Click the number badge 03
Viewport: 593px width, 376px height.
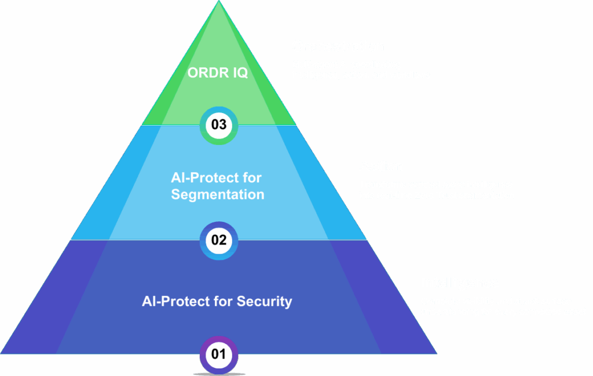click(219, 125)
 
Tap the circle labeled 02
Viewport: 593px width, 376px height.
click(219, 240)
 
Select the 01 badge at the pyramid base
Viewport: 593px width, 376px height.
click(219, 354)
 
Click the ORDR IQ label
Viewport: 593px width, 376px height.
click(217, 73)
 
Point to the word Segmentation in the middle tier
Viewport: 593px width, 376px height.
click(218, 194)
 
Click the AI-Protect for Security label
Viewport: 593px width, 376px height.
click(217, 301)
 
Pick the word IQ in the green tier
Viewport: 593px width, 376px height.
click(239, 73)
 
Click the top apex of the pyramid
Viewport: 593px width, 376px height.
click(219, 2)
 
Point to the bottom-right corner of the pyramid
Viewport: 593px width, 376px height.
click(436, 353)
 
